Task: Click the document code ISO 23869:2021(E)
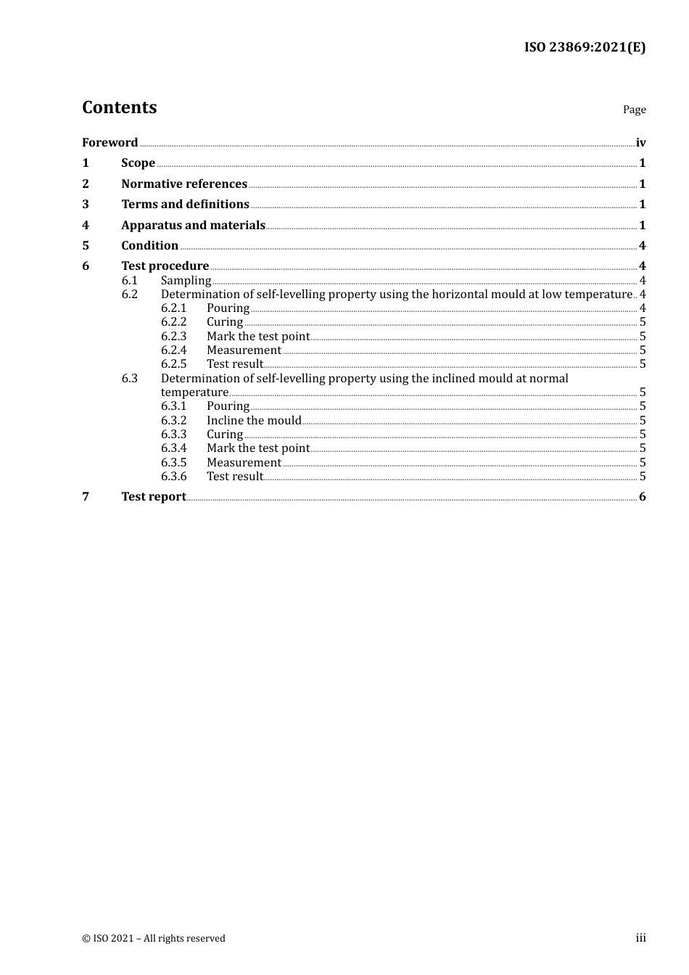point(585,48)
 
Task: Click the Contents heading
point(119,107)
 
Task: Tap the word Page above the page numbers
point(634,110)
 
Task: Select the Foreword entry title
point(110,143)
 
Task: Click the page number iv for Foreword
point(640,143)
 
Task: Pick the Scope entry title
point(138,163)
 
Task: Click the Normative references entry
point(184,184)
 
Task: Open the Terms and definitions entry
point(185,205)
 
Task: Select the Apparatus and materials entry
point(193,226)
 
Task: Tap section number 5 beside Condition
point(86,246)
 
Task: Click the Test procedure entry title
point(165,266)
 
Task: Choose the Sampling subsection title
point(186,281)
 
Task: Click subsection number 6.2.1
point(173,308)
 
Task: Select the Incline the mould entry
point(253,421)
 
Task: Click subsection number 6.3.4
point(173,448)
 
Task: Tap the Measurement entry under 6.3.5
point(244,463)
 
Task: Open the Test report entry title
point(153,497)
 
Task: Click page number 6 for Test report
point(642,497)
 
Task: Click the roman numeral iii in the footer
point(640,938)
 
